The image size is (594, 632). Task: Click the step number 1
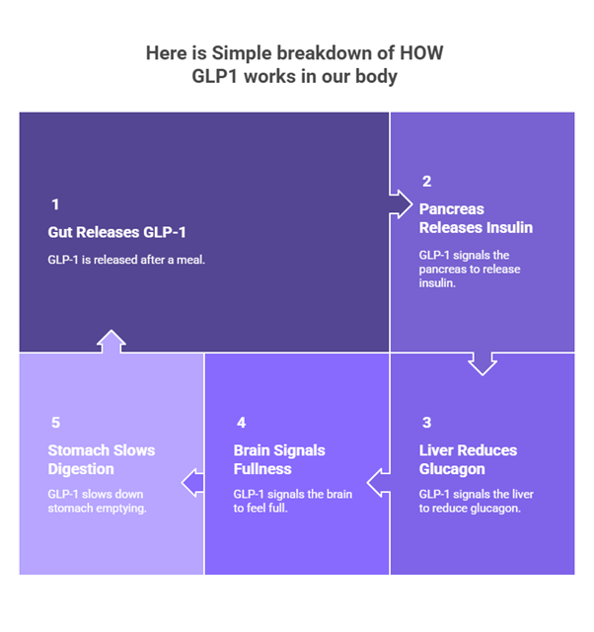pyautogui.click(x=55, y=204)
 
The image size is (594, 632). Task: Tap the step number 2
pyautogui.click(x=426, y=181)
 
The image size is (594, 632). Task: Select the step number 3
pyautogui.click(x=426, y=423)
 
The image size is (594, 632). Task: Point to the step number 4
pyautogui.click(x=241, y=423)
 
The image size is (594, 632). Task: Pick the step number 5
pyautogui.click(x=55, y=423)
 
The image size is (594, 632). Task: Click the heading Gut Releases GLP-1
pyautogui.click(x=116, y=233)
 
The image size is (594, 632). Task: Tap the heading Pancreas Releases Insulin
pyautogui.click(x=475, y=218)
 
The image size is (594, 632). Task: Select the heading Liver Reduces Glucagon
pyautogui.click(x=468, y=459)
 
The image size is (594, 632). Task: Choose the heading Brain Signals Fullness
pyautogui.click(x=279, y=459)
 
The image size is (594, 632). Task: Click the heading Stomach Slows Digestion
pyautogui.click(x=102, y=459)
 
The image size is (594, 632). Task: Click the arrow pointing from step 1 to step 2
pyautogui.click(x=400, y=202)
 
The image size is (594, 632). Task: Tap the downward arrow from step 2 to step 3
pyautogui.click(x=482, y=362)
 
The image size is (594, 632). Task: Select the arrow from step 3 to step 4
pyautogui.click(x=379, y=483)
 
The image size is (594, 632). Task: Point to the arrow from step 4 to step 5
pyautogui.click(x=193, y=483)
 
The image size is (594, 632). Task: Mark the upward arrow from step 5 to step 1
pyautogui.click(x=111, y=342)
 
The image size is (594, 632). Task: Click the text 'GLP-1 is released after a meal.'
pyautogui.click(x=126, y=260)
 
